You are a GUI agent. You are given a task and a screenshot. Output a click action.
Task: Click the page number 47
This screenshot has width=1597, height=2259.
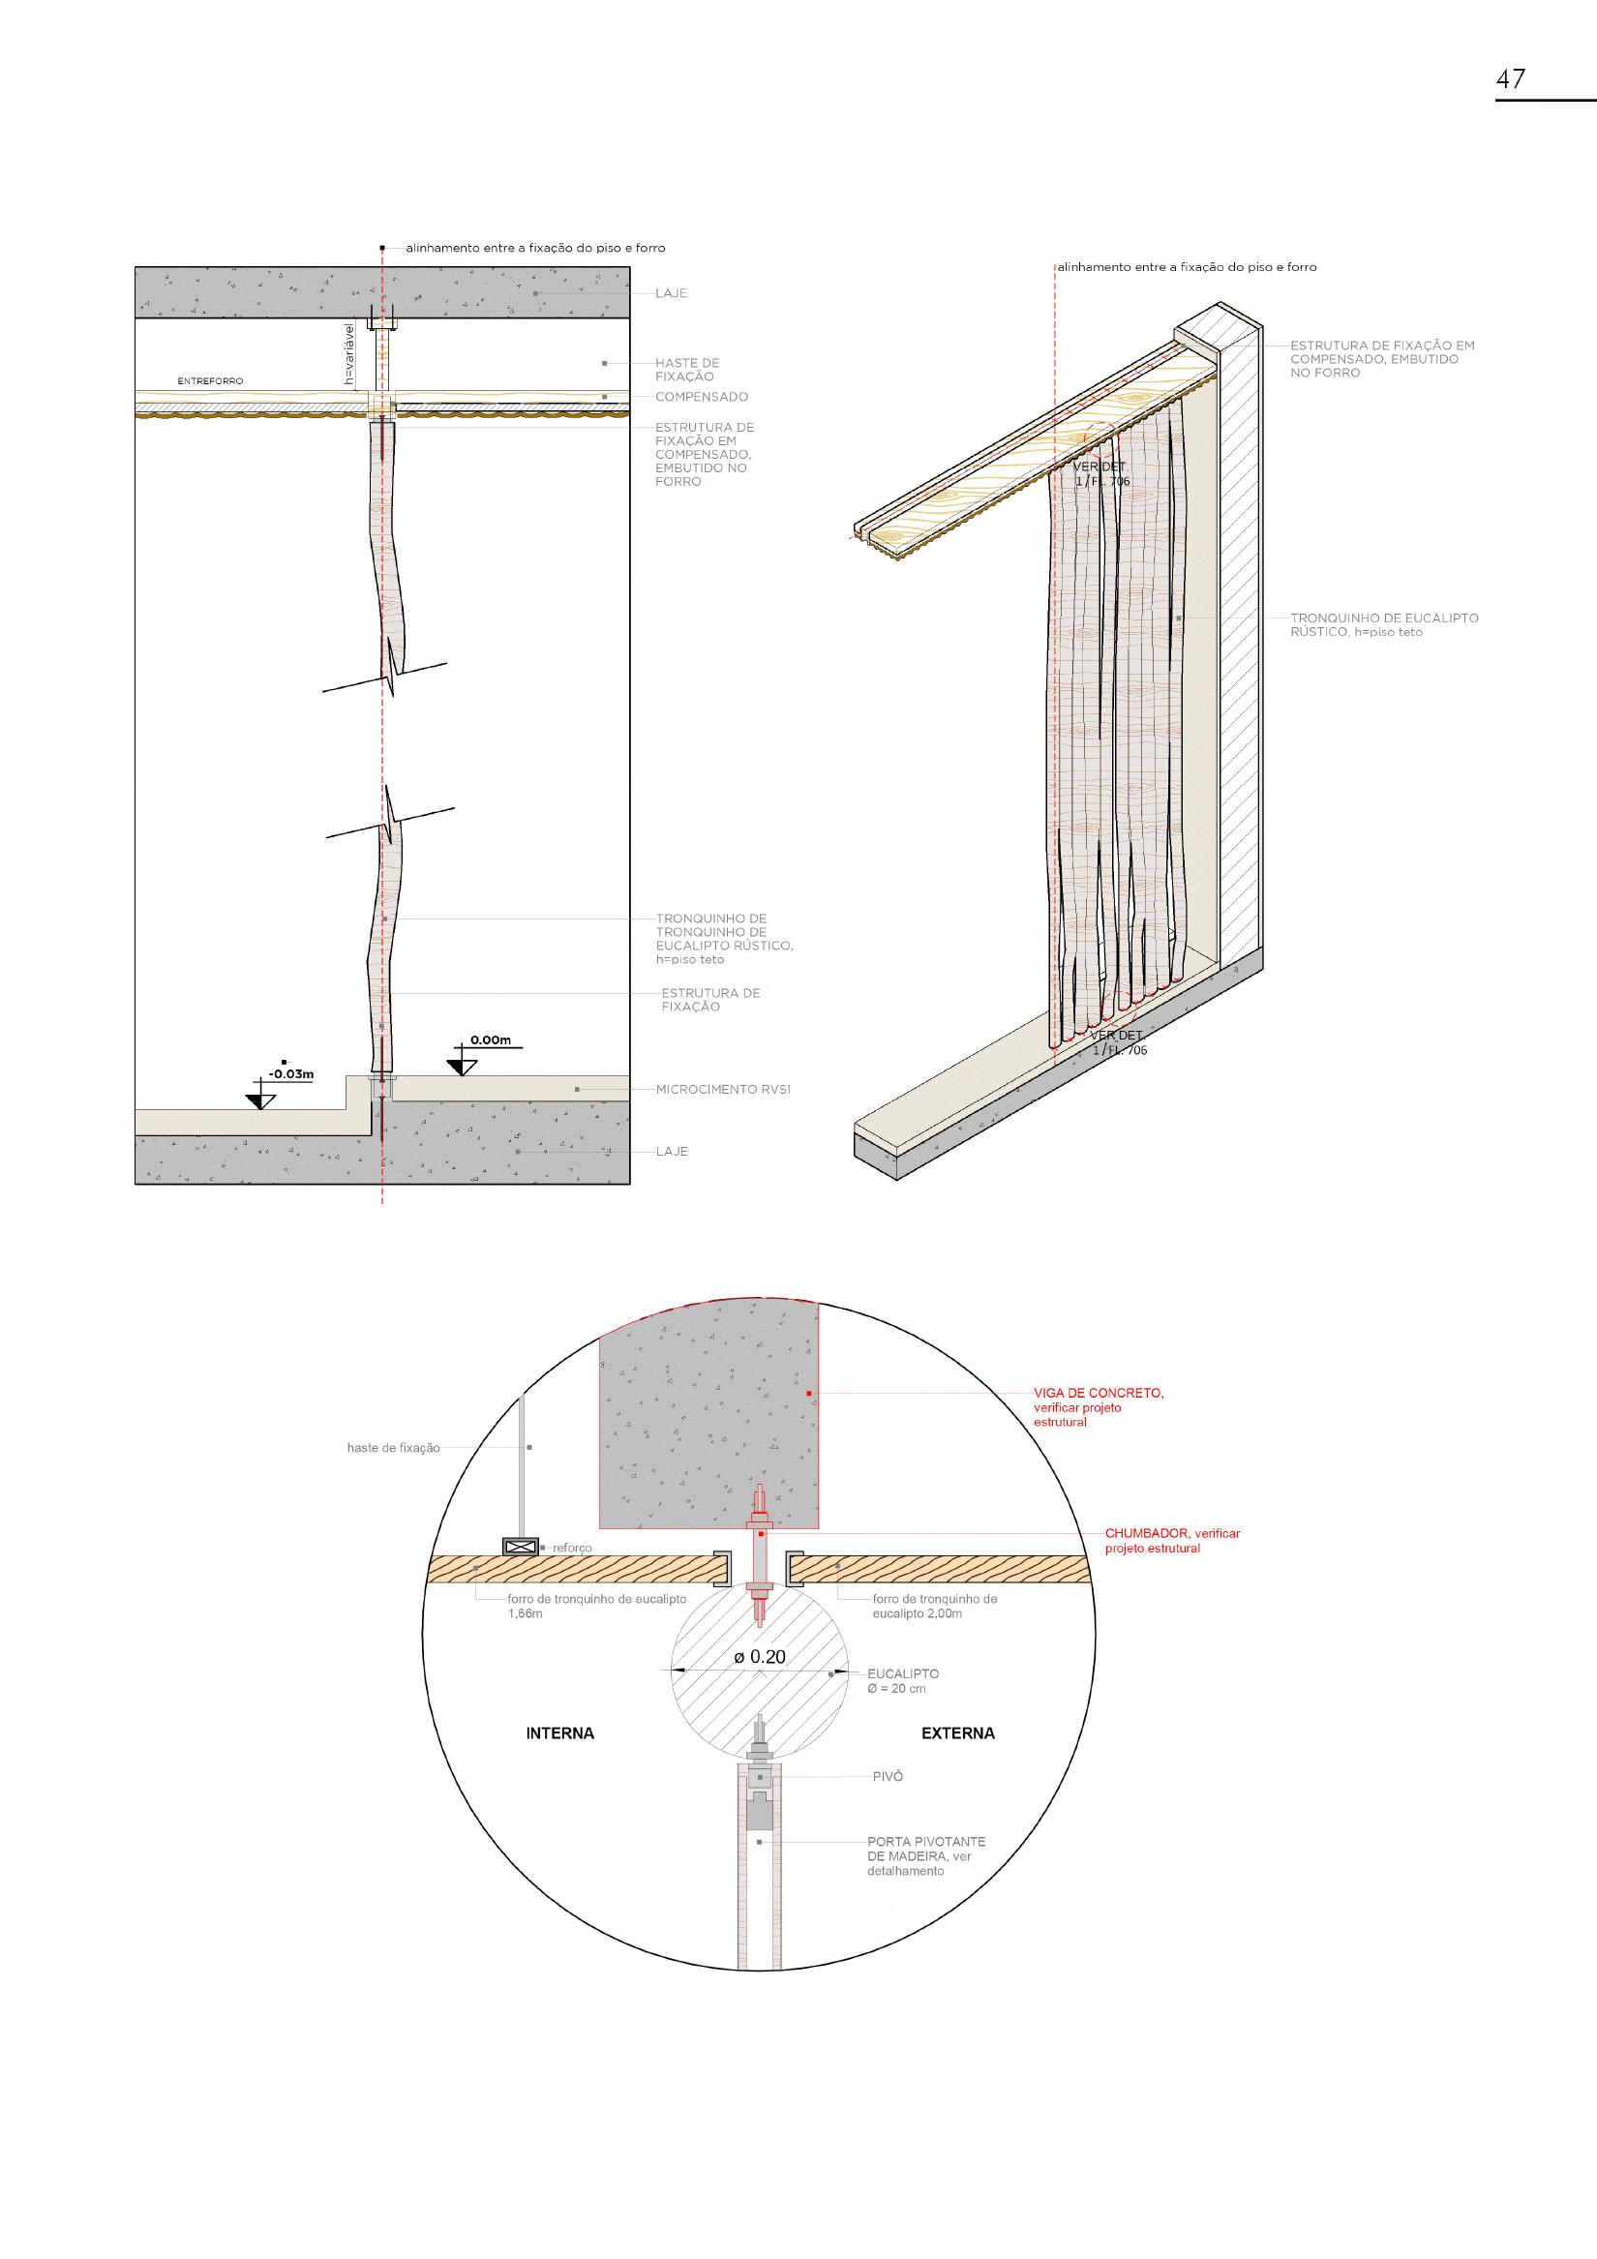[1511, 78]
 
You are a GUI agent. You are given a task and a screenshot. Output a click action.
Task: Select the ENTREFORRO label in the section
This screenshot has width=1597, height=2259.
[210, 380]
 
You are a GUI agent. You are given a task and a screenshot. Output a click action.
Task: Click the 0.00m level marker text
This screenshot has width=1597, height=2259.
[490, 1039]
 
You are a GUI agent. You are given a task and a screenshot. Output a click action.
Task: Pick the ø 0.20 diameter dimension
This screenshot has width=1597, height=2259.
[760, 1657]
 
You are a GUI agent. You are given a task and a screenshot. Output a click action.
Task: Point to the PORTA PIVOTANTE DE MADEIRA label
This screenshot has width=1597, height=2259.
[925, 1855]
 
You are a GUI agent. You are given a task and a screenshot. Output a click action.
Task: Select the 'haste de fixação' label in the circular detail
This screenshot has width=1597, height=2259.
[394, 1448]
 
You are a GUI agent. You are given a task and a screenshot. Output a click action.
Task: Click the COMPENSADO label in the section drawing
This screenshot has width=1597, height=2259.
[702, 398]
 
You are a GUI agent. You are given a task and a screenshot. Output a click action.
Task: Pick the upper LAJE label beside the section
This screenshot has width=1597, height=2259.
[671, 294]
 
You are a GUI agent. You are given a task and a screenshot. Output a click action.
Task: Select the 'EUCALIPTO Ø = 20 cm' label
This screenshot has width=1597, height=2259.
[901, 1680]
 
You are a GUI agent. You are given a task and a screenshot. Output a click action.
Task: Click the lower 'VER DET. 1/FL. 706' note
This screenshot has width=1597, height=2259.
[1119, 1043]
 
